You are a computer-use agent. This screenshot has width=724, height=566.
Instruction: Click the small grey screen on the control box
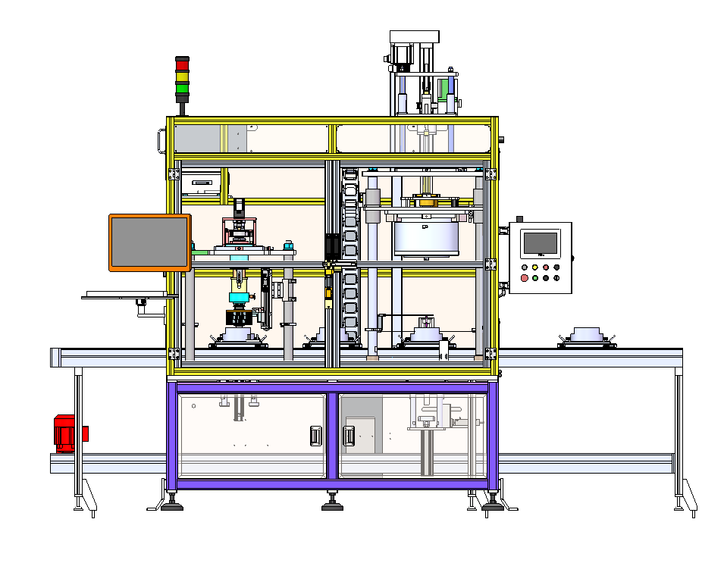tap(540, 242)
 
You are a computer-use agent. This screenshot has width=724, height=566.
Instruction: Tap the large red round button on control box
tap(525, 278)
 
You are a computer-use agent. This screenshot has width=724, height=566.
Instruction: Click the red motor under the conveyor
tap(67, 433)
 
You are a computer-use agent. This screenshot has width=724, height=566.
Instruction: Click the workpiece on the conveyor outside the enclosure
tap(587, 336)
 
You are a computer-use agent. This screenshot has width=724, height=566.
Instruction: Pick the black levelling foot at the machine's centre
tap(332, 505)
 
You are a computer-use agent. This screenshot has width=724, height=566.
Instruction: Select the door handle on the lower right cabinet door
tap(349, 436)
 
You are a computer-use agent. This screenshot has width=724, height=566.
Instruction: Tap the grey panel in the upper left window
tap(197, 138)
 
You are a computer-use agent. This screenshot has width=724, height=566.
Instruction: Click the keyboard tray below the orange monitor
tap(121, 295)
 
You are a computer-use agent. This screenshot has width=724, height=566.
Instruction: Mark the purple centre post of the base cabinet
tap(332, 436)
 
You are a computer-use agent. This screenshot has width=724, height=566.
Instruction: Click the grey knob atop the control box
tap(519, 218)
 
